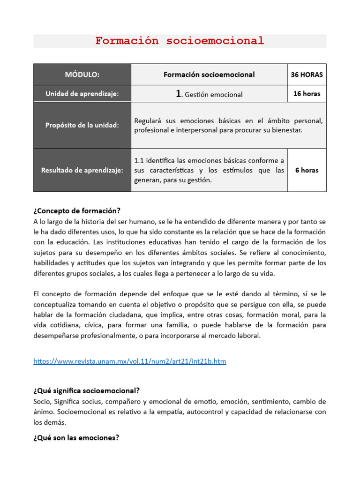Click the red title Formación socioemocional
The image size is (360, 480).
pyautogui.click(x=180, y=41)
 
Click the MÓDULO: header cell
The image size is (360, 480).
pyautogui.click(x=82, y=74)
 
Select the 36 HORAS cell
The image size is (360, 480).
pyautogui.click(x=307, y=74)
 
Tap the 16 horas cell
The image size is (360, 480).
pyautogui.click(x=307, y=94)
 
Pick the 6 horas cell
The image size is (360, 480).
pyautogui.click(x=307, y=170)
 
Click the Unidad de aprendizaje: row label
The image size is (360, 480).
pyautogui.click(x=82, y=94)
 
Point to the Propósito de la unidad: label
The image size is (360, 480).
pyautogui.click(x=82, y=125)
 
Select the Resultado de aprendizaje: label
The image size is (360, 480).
pyautogui.click(x=82, y=170)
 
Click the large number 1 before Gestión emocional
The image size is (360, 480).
pyautogui.click(x=179, y=94)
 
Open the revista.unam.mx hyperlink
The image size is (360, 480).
pyautogui.click(x=130, y=361)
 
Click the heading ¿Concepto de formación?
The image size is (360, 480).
pyautogui.click(x=77, y=210)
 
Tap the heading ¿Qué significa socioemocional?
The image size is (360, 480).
pyautogui.click(x=87, y=390)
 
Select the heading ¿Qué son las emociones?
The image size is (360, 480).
pyautogui.click(x=76, y=438)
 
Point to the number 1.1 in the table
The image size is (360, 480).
pyautogui.click(x=139, y=161)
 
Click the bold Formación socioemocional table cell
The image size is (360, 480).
pyautogui.click(x=209, y=74)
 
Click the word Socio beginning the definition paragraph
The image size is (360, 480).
pyautogui.click(x=42, y=401)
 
